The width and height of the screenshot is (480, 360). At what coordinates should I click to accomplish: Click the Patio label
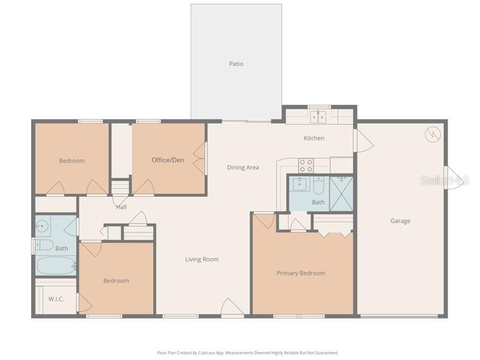coord(237,64)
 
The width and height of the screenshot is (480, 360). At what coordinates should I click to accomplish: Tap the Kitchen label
coord(314,138)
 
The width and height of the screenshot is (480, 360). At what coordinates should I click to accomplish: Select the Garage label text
coord(400,221)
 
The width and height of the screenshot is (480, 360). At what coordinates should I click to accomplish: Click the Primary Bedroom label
coord(301,273)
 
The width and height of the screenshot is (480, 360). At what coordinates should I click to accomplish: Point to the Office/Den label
coord(168,160)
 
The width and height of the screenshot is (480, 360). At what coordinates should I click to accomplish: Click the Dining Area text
coord(243,168)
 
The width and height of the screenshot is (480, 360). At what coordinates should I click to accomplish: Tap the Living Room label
coord(202,260)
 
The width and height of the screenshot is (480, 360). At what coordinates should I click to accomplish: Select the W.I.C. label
coord(56,299)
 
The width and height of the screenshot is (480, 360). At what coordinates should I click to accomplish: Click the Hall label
coord(121,207)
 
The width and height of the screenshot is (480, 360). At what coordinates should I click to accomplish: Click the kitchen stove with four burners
coord(306,165)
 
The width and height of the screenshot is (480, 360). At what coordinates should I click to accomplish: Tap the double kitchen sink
coord(318,117)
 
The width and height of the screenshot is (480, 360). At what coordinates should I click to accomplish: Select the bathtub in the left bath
coord(56,266)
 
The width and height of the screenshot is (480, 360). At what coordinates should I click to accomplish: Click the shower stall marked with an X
coord(341,194)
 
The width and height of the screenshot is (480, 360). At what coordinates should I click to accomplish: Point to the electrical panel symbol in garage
coord(433,134)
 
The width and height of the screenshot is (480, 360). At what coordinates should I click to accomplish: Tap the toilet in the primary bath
coord(318,185)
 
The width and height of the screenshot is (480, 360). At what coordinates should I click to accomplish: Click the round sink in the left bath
coord(42,226)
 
